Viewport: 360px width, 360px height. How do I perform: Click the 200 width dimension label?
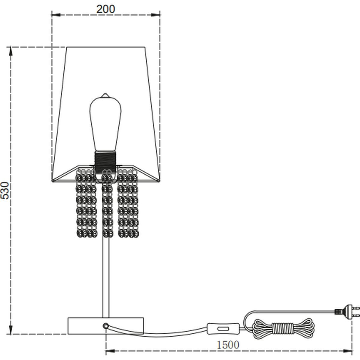(106, 9)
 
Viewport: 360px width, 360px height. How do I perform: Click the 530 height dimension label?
(5, 190)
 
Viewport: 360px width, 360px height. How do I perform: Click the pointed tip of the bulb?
(105, 94)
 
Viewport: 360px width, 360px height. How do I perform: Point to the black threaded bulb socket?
(105, 161)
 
